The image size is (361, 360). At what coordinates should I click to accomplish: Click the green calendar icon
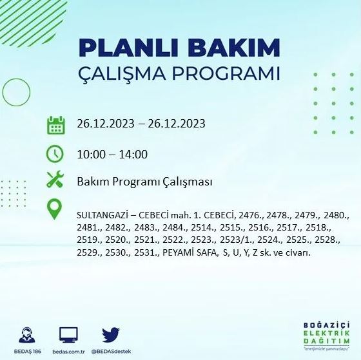pos(55,124)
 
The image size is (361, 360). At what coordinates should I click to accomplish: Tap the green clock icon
pos(55,154)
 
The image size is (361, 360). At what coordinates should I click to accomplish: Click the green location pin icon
pos(55,210)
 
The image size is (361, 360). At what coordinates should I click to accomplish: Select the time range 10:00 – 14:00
pos(112,155)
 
